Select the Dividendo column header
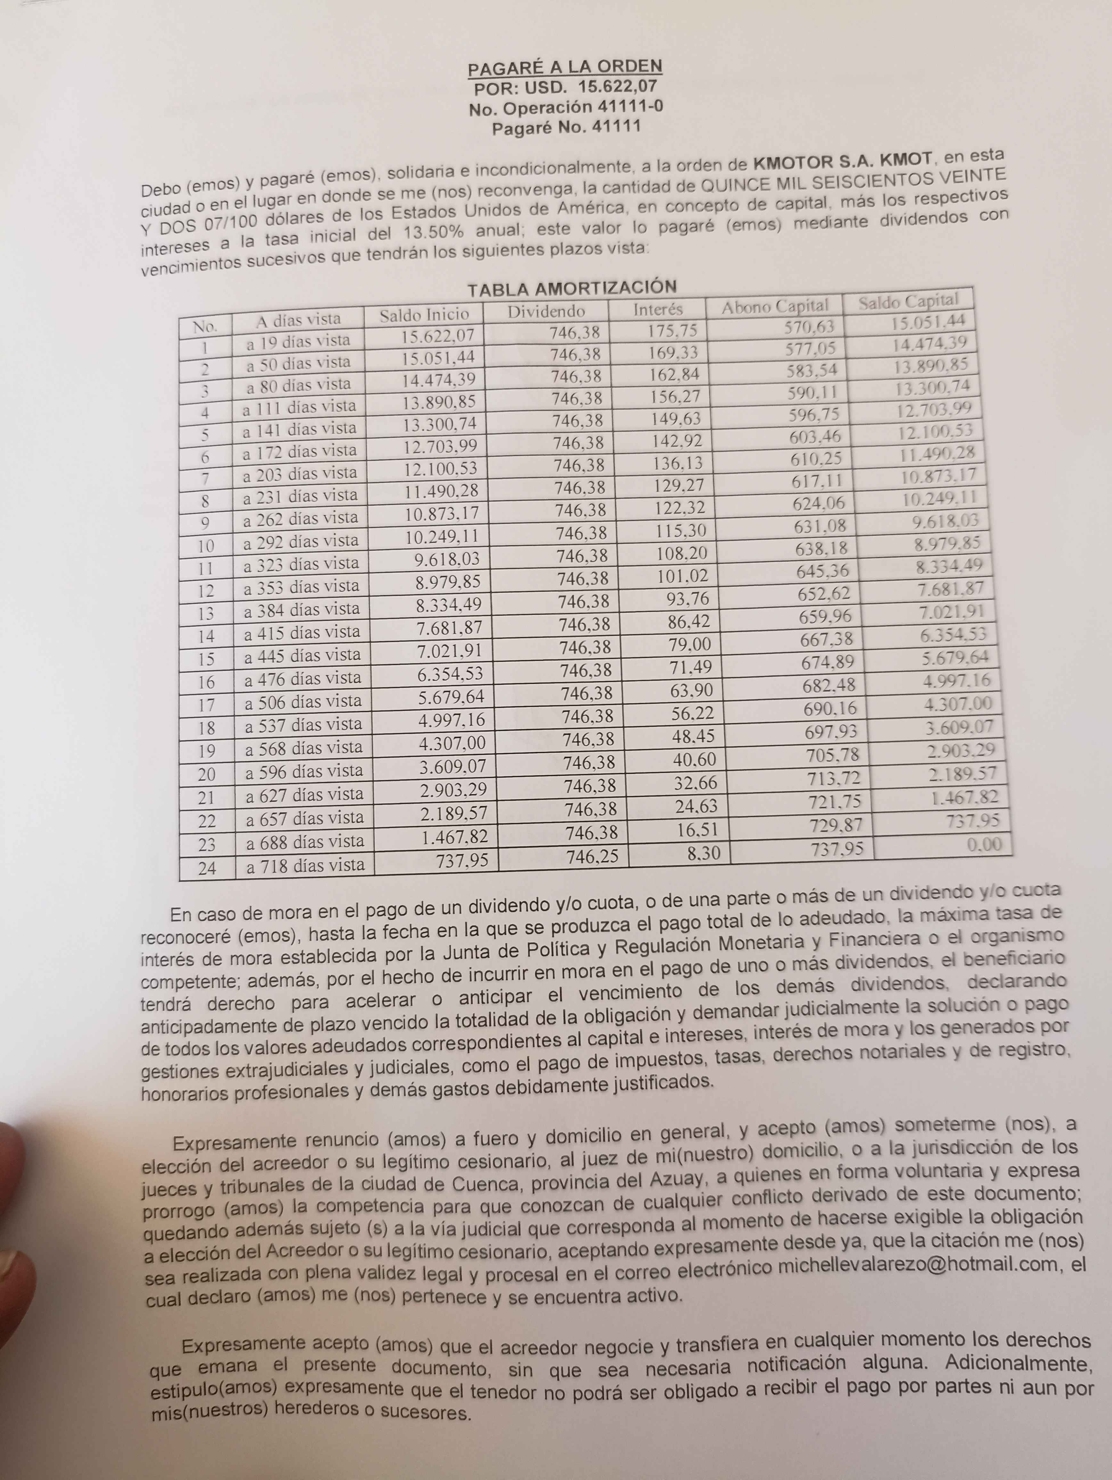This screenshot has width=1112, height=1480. click(x=546, y=311)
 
